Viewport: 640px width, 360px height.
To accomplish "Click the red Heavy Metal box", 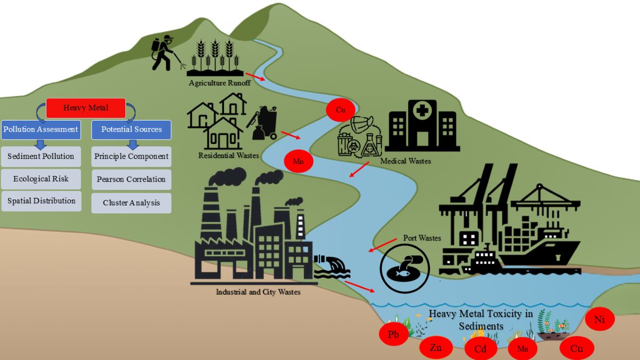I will click(85, 108).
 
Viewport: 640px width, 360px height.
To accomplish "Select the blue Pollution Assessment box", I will click(41, 129).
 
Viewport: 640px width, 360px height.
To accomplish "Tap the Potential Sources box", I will click(131, 129).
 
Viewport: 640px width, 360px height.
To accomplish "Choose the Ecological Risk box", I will click(41, 179).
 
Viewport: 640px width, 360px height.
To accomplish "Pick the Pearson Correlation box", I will click(131, 179).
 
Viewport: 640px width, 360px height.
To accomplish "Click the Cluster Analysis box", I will click(131, 203).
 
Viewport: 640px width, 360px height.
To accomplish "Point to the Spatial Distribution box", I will click(41, 201).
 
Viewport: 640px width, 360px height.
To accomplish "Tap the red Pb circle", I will click(394, 335).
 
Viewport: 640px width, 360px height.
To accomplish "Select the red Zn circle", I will click(436, 348).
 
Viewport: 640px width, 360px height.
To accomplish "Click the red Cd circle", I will click(480, 349).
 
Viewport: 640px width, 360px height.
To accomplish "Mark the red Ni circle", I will click(599, 320).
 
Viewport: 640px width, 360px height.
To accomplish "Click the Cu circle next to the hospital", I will click(341, 110).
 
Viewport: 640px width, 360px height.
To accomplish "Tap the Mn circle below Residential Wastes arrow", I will click(298, 162).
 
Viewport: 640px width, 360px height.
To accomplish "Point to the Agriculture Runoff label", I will click(219, 83).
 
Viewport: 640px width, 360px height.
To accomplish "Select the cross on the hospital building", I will click(422, 110).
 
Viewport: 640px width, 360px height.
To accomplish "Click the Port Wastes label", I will click(422, 238).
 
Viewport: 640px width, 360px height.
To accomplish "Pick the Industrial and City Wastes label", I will click(258, 292).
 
